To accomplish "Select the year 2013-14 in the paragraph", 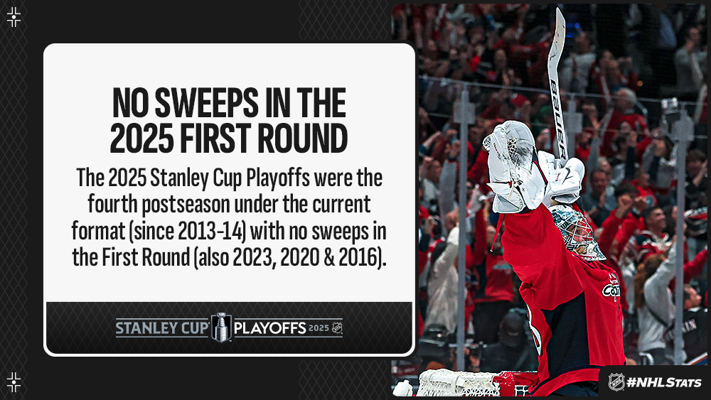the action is [x=212, y=231].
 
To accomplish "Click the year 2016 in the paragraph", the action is [x=358, y=258].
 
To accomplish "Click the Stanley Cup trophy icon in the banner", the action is [x=221, y=327].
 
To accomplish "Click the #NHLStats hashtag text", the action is [x=663, y=382].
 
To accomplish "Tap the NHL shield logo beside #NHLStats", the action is [x=616, y=382].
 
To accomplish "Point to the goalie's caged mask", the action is [x=578, y=231].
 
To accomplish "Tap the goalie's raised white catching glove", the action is [x=513, y=166].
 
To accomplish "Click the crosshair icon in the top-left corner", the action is [x=14, y=17].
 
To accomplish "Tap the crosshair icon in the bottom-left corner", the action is [x=14, y=382].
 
